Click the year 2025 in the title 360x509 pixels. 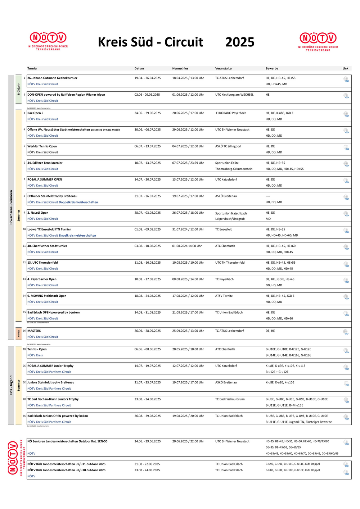point(240,42)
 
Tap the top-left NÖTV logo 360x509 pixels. point(48,41)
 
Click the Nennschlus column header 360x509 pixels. point(180,68)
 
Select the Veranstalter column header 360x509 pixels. point(224,68)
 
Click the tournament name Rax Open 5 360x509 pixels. point(35,113)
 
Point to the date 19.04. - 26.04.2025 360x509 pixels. point(148,78)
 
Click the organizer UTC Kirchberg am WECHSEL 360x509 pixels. point(234,95)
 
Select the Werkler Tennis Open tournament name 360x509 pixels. point(42,146)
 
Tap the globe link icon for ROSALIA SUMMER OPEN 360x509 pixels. point(346,181)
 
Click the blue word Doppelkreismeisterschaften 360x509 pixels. point(78,202)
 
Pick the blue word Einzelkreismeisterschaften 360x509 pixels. point(77,236)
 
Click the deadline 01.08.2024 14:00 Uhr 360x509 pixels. point(187,246)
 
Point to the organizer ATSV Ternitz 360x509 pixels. point(224,296)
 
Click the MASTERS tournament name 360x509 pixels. point(34,331)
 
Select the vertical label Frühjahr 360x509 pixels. point(19,89)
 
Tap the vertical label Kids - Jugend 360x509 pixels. point(11,385)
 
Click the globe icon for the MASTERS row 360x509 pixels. point(346,332)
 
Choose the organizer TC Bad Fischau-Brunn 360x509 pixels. point(230,399)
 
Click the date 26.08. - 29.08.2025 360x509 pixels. point(148,416)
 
